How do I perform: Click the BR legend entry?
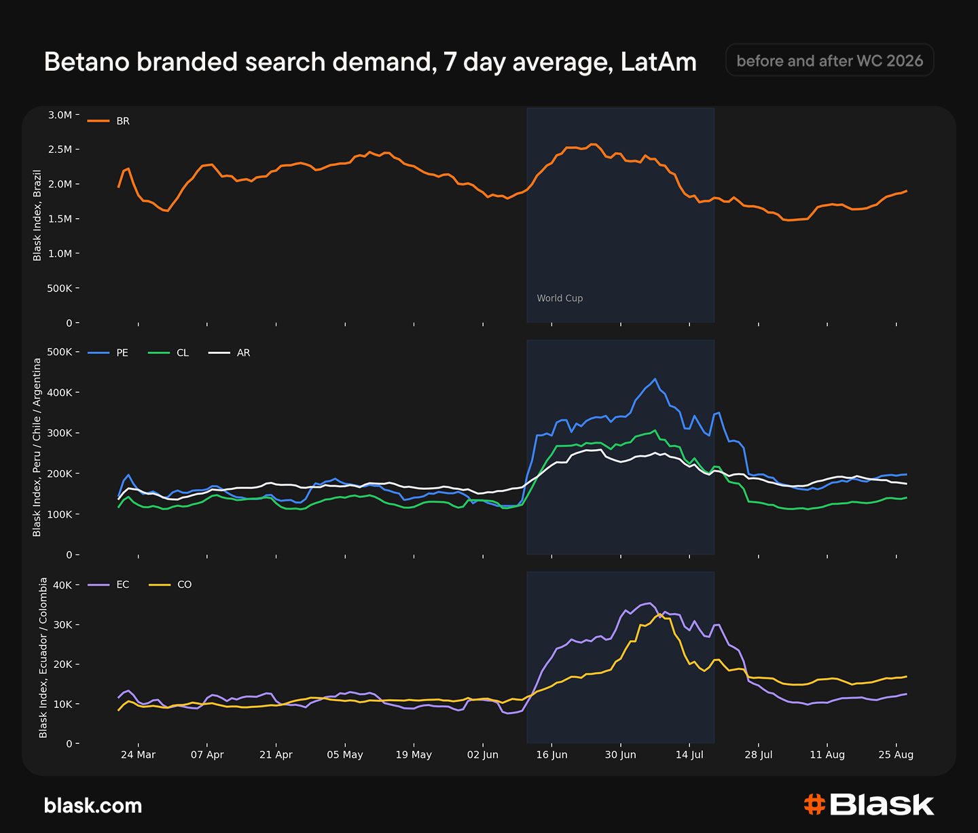point(109,121)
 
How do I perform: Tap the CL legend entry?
point(168,353)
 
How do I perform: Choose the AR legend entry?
point(230,353)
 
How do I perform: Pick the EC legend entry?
point(109,584)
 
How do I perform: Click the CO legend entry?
point(170,584)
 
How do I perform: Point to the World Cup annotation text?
point(560,298)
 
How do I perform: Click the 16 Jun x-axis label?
point(551,754)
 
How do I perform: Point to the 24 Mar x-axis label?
point(138,754)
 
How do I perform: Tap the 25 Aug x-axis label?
point(896,754)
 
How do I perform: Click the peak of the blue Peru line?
point(655,378)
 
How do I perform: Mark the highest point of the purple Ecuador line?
point(651,603)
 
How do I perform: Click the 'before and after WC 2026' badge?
point(829,60)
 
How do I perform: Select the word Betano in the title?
point(86,62)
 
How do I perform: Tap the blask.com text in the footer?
point(93,806)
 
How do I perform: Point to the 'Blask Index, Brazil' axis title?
point(37,215)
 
